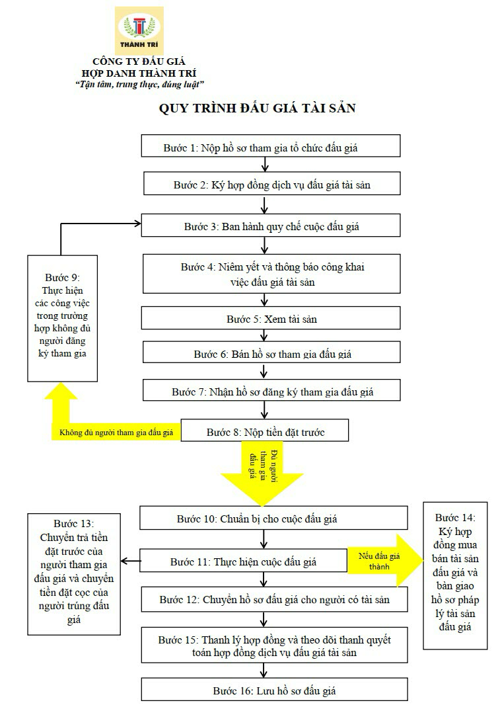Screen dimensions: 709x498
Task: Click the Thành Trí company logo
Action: tap(139, 30)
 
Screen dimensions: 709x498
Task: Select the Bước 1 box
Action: tap(271, 147)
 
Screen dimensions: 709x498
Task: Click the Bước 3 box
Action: tap(271, 226)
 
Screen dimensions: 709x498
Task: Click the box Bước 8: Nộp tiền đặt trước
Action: tap(265, 433)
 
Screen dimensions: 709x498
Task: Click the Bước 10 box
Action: tap(270, 519)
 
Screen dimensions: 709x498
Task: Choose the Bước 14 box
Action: tap(455, 572)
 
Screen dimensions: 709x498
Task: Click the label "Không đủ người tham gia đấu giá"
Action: tap(116, 433)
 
